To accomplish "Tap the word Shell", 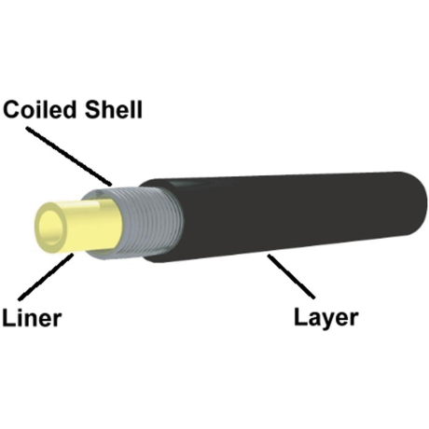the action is [114, 109].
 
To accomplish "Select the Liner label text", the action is [32, 317].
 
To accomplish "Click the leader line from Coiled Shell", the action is [69, 156].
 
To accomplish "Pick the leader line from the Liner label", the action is [46, 277].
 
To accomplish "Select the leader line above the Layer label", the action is [291, 276].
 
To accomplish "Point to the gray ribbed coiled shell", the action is [149, 221].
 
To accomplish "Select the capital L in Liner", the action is [8, 317].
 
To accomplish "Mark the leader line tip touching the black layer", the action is [269, 255].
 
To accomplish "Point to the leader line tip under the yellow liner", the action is [74, 254].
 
